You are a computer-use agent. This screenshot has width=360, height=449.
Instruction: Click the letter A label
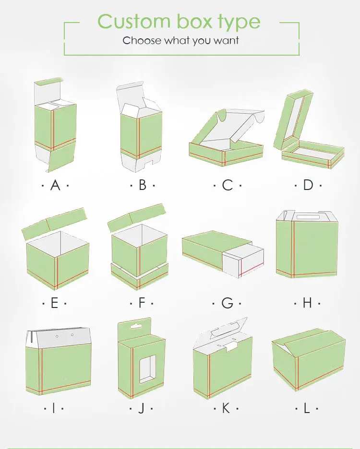[x=55, y=185]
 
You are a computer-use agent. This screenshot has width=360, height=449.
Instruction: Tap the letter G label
[x=228, y=303]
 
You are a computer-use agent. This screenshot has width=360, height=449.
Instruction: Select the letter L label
[x=307, y=408]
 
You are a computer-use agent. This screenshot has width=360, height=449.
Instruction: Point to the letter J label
[x=141, y=408]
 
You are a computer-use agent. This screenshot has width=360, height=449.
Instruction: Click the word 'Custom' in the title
[x=134, y=21]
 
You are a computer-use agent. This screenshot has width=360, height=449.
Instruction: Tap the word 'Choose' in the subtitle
[x=142, y=40]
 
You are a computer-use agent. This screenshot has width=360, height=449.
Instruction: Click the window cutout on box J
[x=148, y=369]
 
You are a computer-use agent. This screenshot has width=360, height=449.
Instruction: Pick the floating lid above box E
[x=54, y=224]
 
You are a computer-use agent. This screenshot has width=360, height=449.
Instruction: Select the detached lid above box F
[x=137, y=218]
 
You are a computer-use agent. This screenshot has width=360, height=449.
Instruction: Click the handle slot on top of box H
[x=308, y=217]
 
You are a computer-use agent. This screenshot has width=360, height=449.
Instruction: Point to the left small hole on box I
[x=57, y=336]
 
